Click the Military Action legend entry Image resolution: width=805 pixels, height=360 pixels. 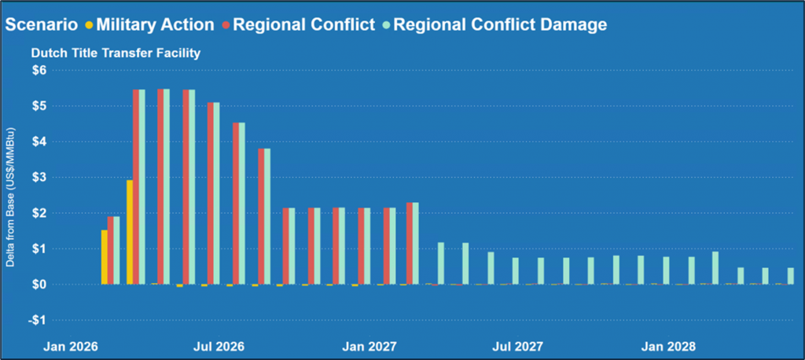tap(155, 24)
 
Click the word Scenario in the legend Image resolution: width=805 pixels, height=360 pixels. tap(40, 24)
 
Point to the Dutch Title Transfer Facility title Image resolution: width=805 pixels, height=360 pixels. tap(116, 53)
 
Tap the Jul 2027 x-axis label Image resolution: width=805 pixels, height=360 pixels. tap(519, 346)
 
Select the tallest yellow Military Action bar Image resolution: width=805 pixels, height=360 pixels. tap(130, 232)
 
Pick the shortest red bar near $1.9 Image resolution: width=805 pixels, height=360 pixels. tap(111, 250)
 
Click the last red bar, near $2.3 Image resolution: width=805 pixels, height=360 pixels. tap(410, 243)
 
